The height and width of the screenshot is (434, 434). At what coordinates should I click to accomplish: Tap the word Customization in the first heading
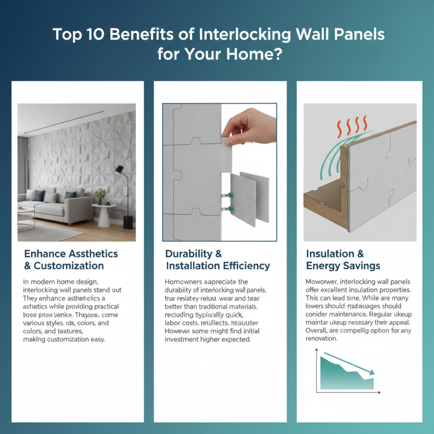point(69,266)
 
